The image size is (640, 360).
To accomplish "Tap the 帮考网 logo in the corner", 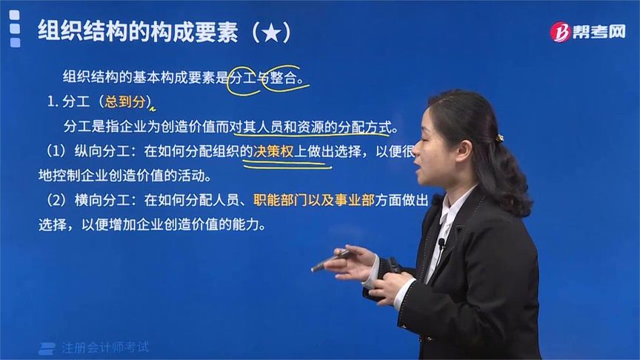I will pyautogui.click(x=587, y=31).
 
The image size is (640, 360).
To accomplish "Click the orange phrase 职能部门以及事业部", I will pyautogui.click(x=313, y=199).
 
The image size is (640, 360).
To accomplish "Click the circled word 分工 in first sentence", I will pyautogui.click(x=241, y=76).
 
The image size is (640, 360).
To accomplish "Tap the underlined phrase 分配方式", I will pyautogui.click(x=364, y=126).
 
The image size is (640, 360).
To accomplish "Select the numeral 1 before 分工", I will pyautogui.click(x=50, y=101).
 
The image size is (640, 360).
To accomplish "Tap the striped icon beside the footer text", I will pyautogui.click(x=48, y=347).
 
